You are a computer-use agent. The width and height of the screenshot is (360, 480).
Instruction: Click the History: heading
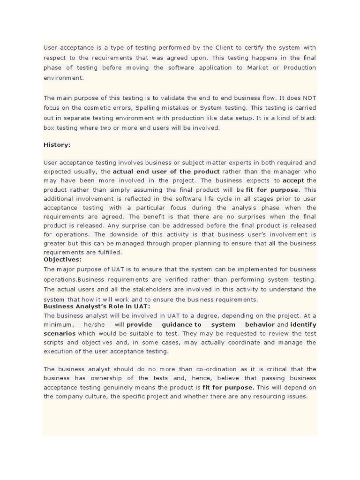(x=57, y=145)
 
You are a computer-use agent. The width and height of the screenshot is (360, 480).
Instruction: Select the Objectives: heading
(x=62, y=259)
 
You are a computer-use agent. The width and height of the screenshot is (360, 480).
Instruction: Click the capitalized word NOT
(x=309, y=98)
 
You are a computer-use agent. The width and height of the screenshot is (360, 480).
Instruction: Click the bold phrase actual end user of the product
(x=166, y=172)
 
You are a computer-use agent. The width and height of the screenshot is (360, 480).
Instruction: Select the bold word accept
(x=293, y=180)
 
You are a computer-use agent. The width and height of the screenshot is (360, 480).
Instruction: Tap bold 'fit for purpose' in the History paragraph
(x=272, y=190)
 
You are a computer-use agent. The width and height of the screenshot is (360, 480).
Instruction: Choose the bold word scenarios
(x=60, y=333)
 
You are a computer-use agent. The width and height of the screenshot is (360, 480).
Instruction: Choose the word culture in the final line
(x=100, y=396)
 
